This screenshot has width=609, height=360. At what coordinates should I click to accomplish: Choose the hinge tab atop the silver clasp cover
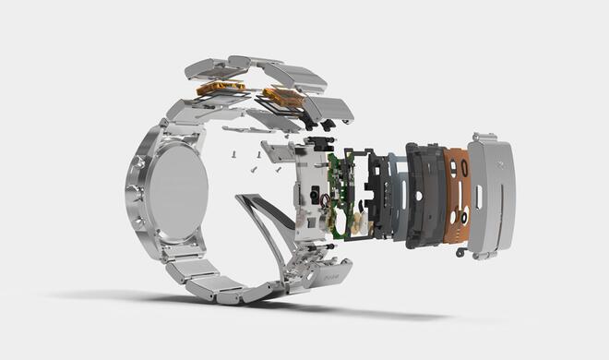484,138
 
